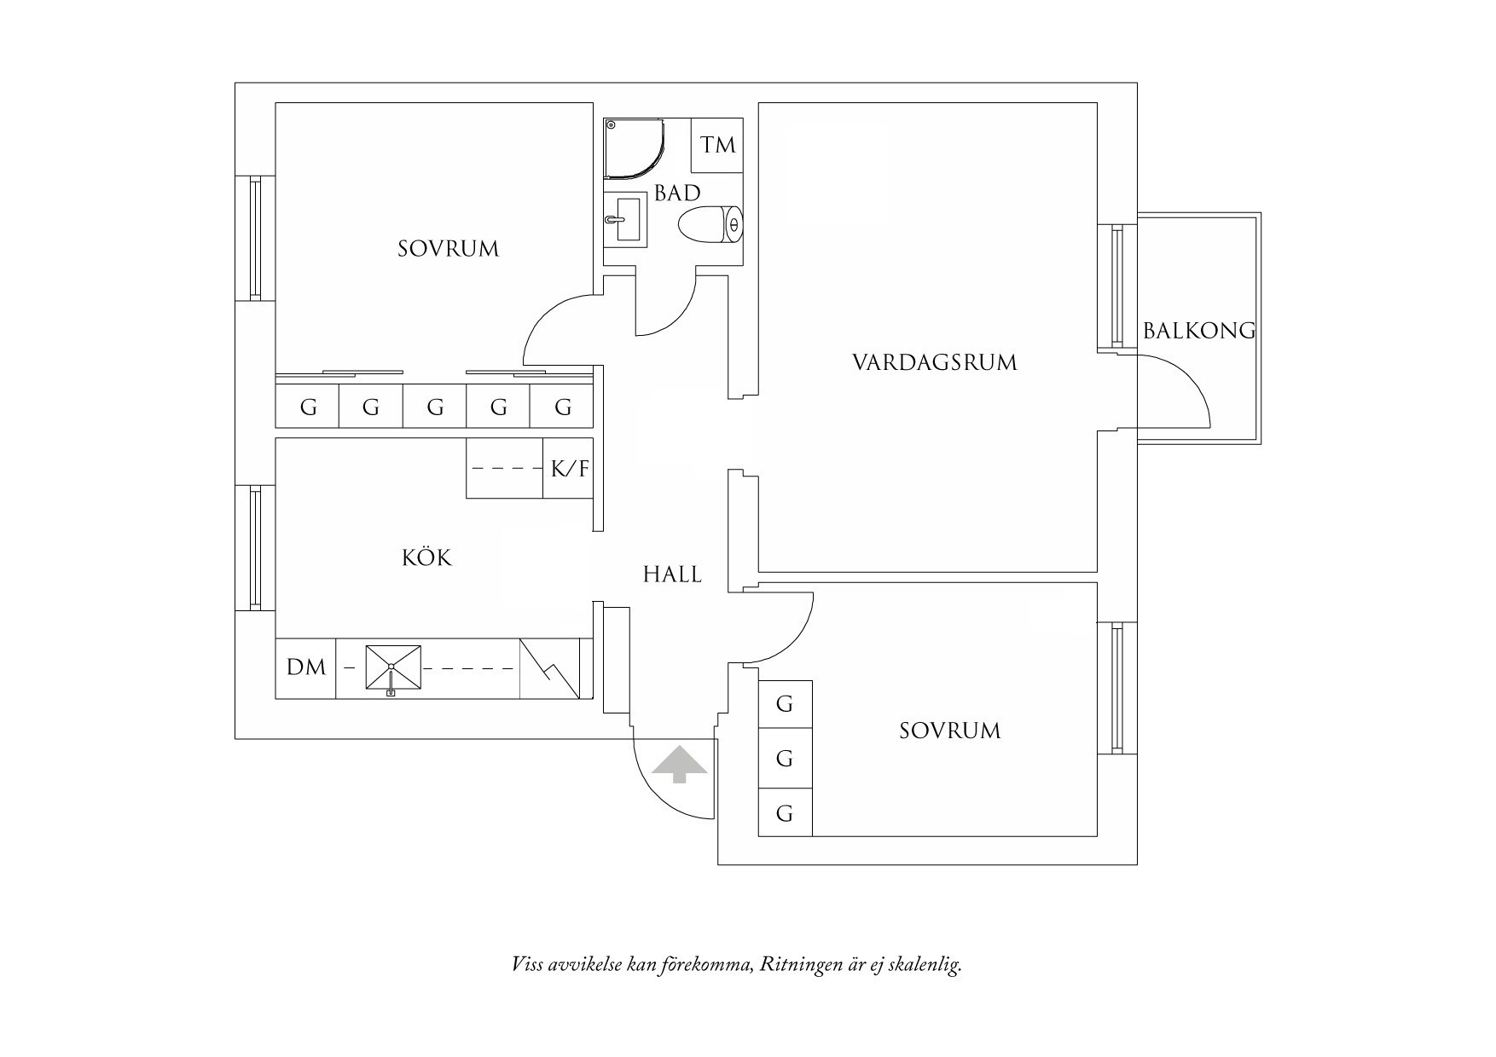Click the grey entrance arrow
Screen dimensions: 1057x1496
[680, 764]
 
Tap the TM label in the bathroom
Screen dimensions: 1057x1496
[717, 146]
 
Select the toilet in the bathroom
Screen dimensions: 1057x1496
[710, 225]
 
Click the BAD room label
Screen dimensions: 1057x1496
[677, 193]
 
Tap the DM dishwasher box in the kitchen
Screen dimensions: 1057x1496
[306, 667]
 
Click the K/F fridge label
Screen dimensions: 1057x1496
[569, 468]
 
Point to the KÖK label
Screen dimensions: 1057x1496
[426, 558]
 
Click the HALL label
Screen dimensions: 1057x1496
[672, 575]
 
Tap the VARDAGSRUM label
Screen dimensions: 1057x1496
[935, 363]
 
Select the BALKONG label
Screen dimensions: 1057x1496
[1198, 331]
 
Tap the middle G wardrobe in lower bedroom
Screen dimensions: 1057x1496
[785, 758]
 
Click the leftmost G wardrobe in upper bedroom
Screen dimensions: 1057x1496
[307, 407]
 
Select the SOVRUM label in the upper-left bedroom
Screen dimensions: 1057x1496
[448, 249]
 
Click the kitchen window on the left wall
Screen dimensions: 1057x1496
[254, 548]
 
